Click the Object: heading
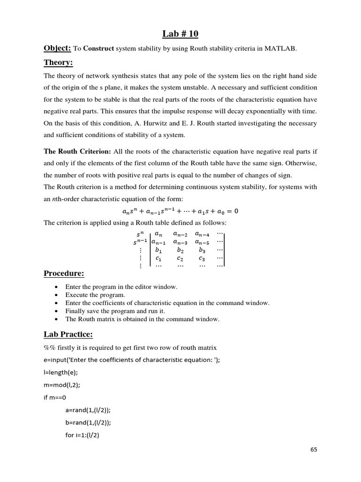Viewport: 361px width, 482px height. pos(57,48)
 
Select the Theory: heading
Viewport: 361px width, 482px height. pos(59,63)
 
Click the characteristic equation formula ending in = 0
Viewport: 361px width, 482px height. pos(180,211)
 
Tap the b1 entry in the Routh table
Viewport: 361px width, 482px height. pos(158,250)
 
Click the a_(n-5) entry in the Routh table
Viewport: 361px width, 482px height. pos(203,242)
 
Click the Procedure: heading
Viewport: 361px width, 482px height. pos(64,273)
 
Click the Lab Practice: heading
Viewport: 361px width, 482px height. pos(68,334)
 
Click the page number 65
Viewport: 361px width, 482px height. pos(314,450)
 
